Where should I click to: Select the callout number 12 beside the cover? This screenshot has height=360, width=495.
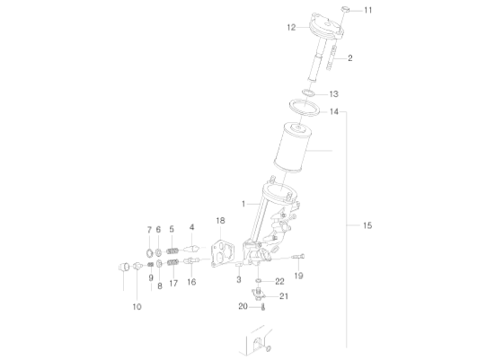pos(291,28)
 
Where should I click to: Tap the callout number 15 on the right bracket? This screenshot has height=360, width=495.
pos(367,225)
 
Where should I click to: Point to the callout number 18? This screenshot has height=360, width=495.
pos(220,221)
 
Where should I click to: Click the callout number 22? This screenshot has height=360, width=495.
pos(279,281)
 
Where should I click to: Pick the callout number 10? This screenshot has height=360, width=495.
pos(137,307)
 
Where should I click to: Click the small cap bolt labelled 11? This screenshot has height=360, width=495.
pos(345,10)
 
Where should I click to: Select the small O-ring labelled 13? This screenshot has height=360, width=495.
pos(308,93)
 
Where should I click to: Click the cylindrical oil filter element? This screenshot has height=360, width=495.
pos(291,147)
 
